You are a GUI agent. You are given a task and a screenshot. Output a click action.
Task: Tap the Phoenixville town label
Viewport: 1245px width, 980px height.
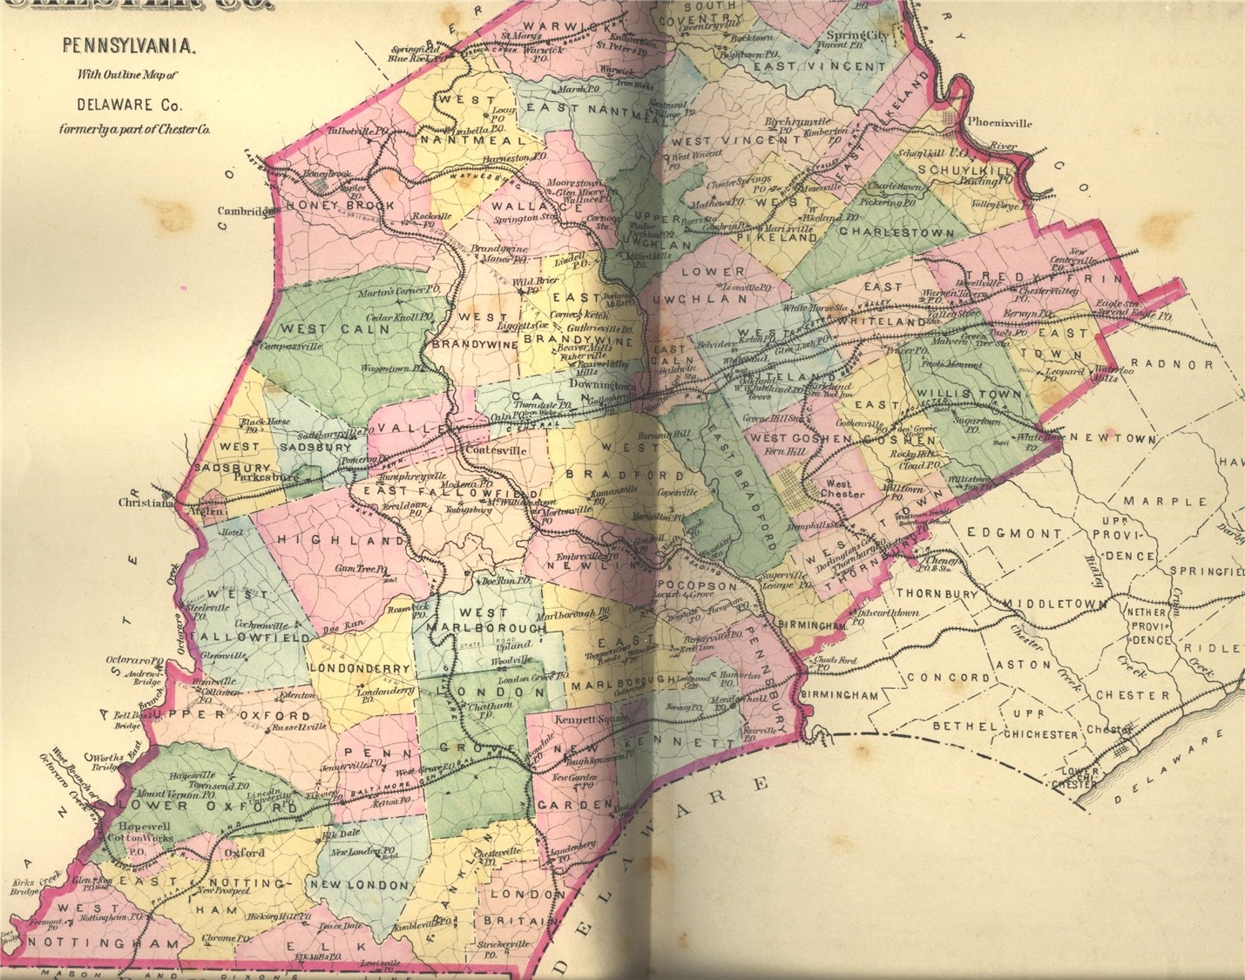click(x=999, y=124)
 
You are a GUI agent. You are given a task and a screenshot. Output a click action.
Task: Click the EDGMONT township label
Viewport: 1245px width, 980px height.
click(x=1014, y=533)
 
